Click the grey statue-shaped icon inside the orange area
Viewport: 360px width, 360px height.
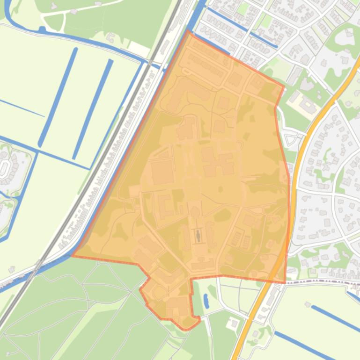tap(198, 236)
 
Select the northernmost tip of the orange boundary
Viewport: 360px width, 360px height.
tap(188, 31)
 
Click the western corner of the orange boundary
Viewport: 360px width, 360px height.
tap(72, 256)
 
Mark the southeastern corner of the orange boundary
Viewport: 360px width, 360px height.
tap(285, 282)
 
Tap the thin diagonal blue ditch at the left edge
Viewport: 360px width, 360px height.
tap(21, 108)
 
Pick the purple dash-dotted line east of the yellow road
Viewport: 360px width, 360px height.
tap(323, 282)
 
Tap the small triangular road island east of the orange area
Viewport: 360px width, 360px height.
tap(291, 139)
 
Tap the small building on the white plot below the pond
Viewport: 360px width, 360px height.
tap(232, 324)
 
